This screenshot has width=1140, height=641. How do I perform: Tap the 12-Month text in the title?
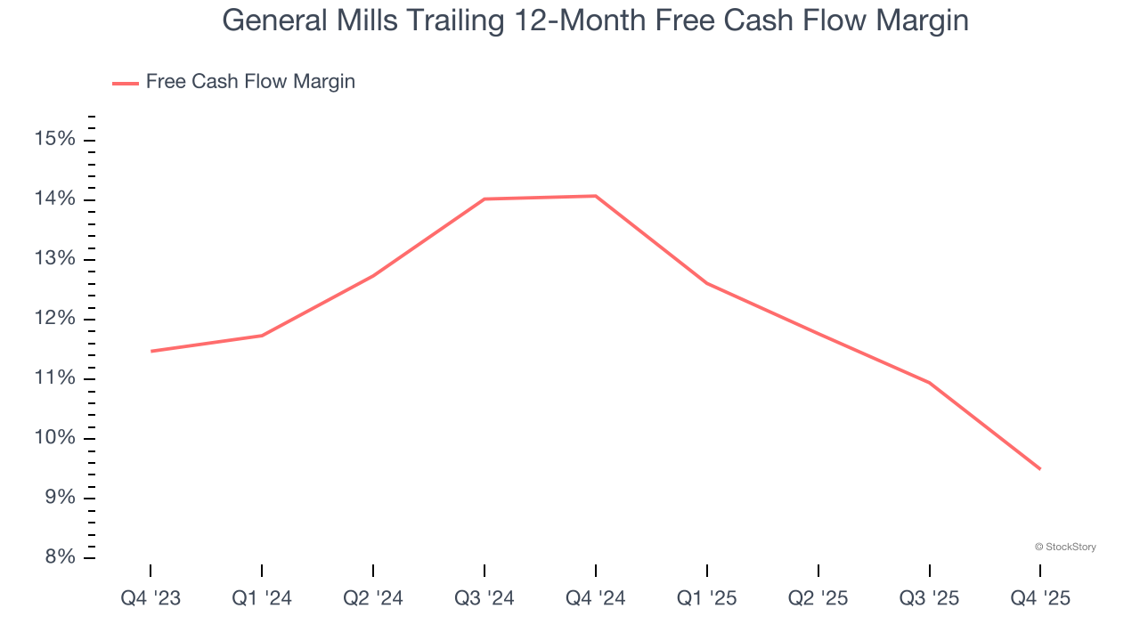(603, 20)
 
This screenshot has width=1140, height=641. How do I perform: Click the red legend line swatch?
(125, 83)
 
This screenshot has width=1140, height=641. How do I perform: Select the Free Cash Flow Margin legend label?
(250, 82)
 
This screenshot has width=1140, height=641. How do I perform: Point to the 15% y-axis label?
(54, 140)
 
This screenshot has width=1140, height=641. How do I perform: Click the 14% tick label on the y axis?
(54, 199)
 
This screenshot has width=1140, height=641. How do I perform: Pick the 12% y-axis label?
(54, 319)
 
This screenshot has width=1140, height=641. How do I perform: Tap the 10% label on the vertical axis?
(54, 438)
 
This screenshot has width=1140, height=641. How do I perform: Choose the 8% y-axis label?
(58, 557)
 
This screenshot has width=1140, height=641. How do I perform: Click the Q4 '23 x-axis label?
(151, 598)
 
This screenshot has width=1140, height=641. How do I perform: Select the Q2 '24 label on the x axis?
(373, 598)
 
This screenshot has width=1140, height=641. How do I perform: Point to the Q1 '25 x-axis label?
(707, 598)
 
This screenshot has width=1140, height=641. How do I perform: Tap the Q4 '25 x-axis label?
(1040, 598)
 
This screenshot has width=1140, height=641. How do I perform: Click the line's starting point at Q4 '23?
(151, 351)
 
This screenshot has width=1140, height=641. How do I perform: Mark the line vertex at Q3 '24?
(484, 199)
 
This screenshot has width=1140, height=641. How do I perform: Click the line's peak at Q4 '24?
(596, 196)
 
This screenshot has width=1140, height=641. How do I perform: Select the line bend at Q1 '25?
(707, 283)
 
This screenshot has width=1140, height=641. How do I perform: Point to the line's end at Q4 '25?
(1039, 469)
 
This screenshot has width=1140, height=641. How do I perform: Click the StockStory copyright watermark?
(1065, 547)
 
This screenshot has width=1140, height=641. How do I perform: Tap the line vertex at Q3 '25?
(930, 383)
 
